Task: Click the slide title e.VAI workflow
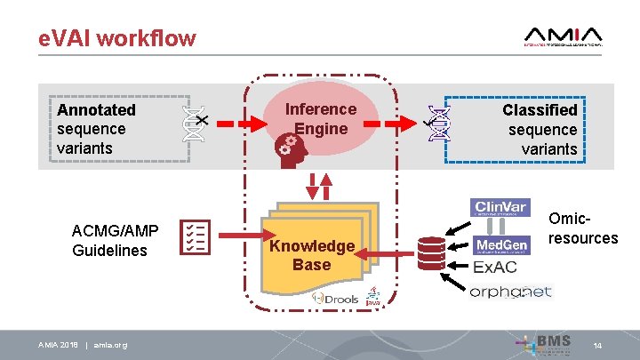pos(116,38)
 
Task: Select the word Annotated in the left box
pos(96,110)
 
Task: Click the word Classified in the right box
pos(540,110)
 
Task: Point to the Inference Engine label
pos(320,119)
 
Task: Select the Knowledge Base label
pos(311,255)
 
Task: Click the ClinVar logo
pos(502,208)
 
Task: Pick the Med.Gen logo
pos(502,244)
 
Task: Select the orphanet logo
pos(510,292)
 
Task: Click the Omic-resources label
pos(582,228)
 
